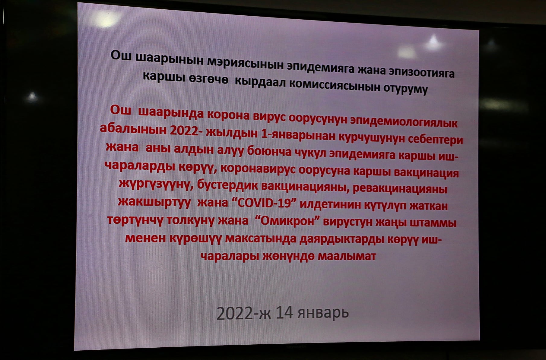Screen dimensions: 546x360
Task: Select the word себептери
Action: coord(435,140)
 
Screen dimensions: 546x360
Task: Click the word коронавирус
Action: coord(258,169)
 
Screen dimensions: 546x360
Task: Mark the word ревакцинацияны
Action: coord(400,188)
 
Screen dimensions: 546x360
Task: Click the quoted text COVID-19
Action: coord(264,203)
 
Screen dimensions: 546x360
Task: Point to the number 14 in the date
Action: coord(284,313)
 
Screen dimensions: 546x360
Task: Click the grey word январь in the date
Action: coord(323,313)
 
